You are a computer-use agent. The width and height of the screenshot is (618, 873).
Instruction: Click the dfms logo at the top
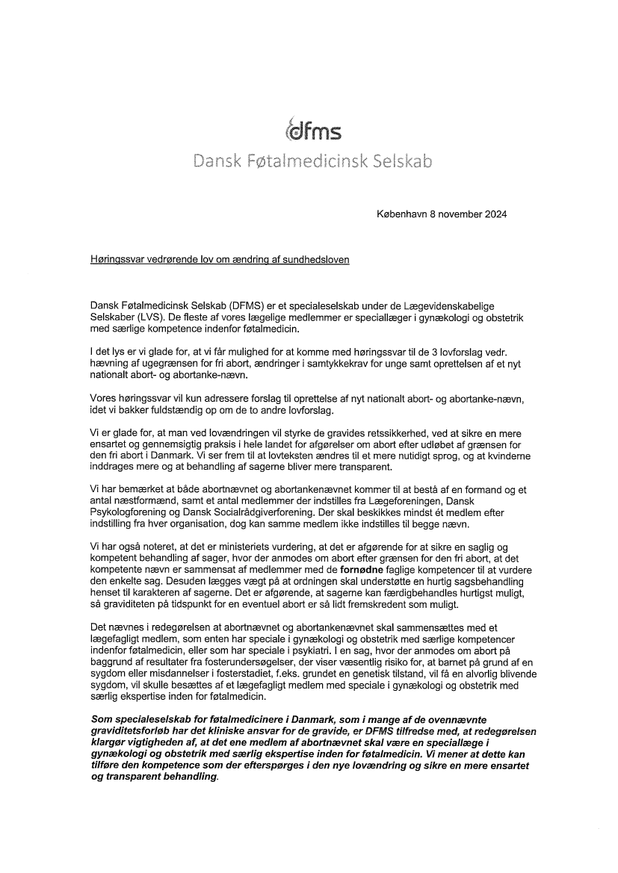click(x=313, y=131)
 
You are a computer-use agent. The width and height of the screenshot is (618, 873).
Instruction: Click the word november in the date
click(x=458, y=214)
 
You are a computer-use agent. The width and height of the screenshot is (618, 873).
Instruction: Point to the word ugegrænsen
click(x=159, y=364)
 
